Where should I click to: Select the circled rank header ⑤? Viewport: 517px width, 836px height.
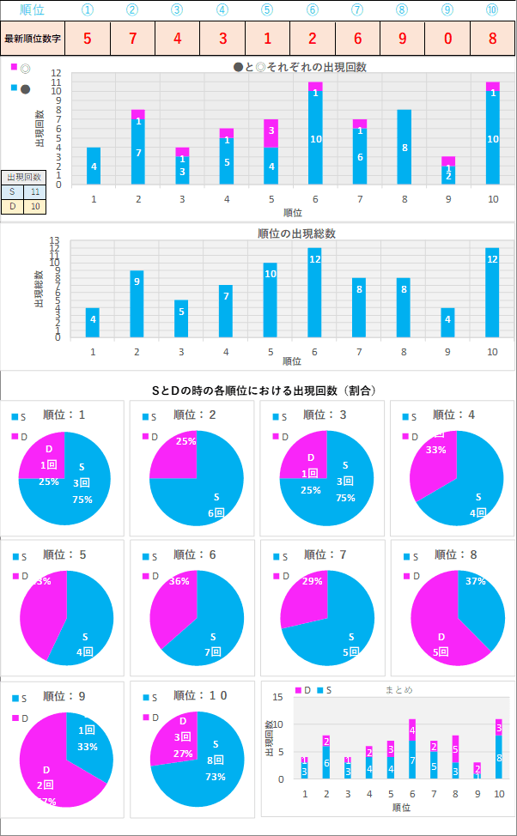pyautogui.click(x=267, y=9)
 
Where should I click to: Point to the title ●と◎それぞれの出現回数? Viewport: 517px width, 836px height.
pyautogui.click(x=300, y=67)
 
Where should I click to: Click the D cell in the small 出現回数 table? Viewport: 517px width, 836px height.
pyautogui.click(x=12, y=207)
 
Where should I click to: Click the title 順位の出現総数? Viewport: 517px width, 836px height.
pyautogui.click(x=296, y=233)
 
